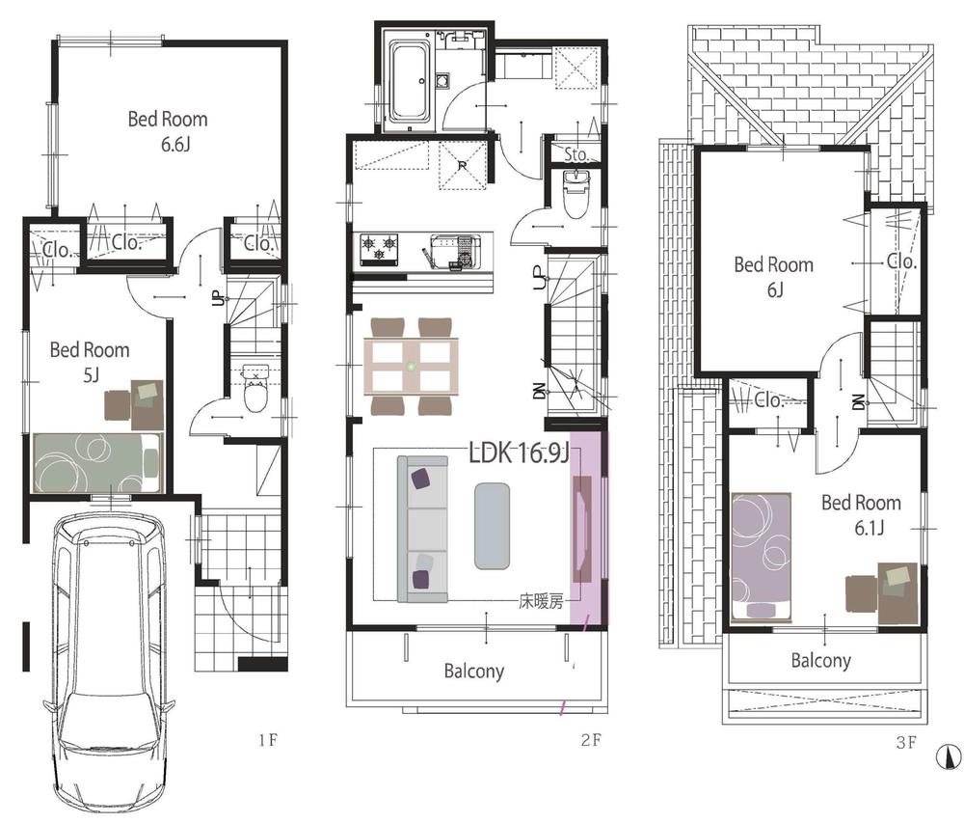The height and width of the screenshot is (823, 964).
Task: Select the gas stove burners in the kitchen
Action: tap(380, 249)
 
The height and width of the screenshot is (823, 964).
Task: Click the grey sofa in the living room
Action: tap(422, 530)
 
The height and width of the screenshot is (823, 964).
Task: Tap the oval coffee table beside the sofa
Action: tap(492, 526)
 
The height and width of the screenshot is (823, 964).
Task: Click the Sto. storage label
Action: tap(576, 154)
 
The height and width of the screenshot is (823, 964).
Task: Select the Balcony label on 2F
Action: tap(473, 671)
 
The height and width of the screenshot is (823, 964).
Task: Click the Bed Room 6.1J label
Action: tap(861, 513)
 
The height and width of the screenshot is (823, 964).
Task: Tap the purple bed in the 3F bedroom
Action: tap(761, 557)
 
